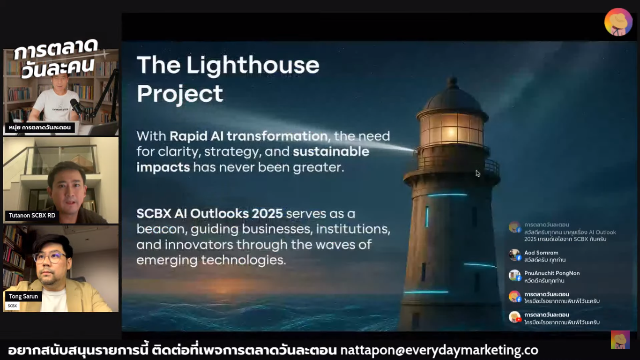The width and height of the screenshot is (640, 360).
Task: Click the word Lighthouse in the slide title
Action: [253, 66]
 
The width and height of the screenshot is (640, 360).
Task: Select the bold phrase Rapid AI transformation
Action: [249, 136]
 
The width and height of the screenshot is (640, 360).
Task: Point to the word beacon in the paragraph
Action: [161, 229]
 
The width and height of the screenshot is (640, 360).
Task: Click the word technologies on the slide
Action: [244, 260]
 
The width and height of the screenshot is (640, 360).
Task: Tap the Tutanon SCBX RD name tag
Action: [32, 215]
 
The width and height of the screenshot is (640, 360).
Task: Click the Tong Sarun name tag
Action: [23, 296]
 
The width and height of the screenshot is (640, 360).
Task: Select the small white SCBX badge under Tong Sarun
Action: [12, 306]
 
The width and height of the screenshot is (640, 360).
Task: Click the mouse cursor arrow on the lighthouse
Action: [478, 173]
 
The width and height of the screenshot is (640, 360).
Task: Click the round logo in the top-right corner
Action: [618, 22]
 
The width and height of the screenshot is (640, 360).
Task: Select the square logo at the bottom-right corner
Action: [620, 340]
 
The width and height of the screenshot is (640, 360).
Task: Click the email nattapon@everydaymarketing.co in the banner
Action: [439, 350]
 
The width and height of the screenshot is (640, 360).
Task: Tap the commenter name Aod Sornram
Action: [541, 253]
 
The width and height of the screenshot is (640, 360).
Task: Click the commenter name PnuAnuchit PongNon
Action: [552, 273]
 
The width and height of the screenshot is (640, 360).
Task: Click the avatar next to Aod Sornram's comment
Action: [514, 255]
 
